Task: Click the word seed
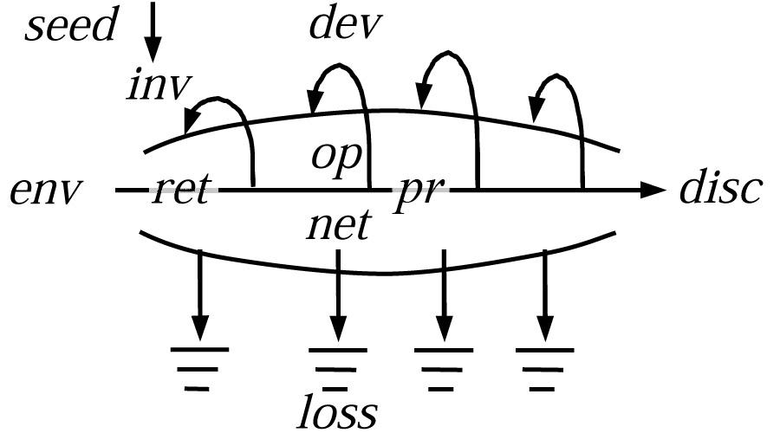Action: click(x=70, y=27)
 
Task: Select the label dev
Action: click(x=345, y=27)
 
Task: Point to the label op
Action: click(x=335, y=158)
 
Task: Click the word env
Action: click(x=45, y=190)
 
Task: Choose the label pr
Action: click(x=419, y=192)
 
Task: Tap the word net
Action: click(x=338, y=225)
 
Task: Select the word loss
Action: click(x=338, y=412)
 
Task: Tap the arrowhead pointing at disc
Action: click(x=650, y=190)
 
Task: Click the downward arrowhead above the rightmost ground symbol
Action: click(x=544, y=329)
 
